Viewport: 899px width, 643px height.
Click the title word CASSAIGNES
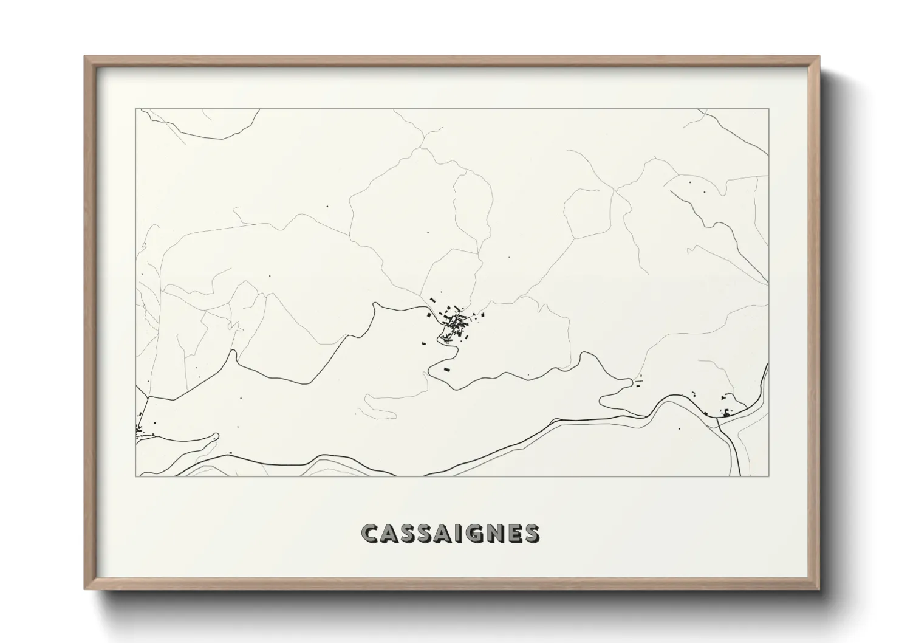coord(449,533)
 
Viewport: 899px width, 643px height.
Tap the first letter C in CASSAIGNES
coord(369,533)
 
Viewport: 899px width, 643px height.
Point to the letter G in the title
coord(474,533)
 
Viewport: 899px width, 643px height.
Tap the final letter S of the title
coord(530,533)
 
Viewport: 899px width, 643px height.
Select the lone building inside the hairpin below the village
coord(447,369)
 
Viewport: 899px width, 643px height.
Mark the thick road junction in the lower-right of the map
coord(718,424)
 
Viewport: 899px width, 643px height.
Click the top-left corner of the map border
coord(135,109)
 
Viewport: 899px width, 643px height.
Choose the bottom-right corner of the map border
coord(769,476)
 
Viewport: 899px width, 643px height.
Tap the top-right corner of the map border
coord(769,109)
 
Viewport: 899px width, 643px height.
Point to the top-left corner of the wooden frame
coord(85,57)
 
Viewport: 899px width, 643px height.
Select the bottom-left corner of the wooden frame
coord(85,589)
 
